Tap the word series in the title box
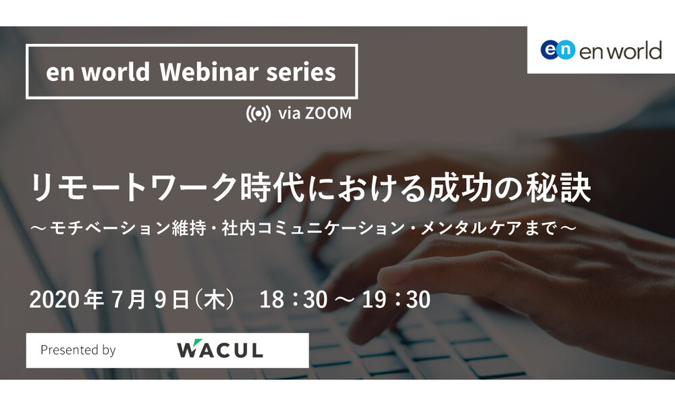point(301,72)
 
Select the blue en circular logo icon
point(558,49)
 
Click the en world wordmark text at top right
point(620,51)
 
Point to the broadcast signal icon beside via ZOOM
point(259,113)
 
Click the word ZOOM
point(328,113)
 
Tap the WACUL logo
point(220,349)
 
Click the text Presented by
point(78,350)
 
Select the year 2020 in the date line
point(55,300)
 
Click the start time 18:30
point(294,300)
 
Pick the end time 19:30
point(396,300)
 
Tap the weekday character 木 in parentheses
point(215,300)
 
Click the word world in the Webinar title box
point(115,72)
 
